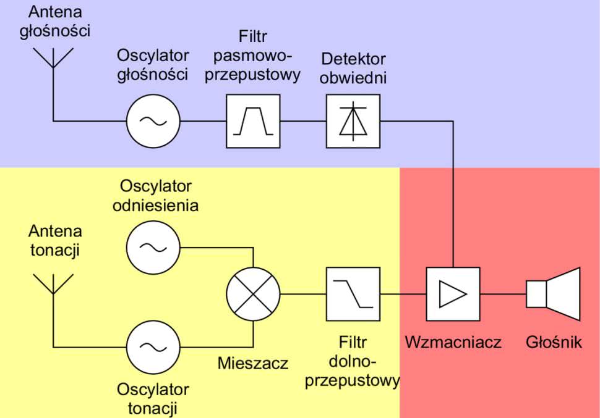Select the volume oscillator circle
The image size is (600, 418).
pyautogui.click(x=153, y=121)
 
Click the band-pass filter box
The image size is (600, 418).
pyautogui.click(x=253, y=121)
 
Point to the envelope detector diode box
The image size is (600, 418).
pyautogui.click(x=353, y=121)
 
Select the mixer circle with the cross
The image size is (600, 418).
pyautogui.click(x=253, y=294)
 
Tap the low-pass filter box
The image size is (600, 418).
pyautogui.click(x=353, y=294)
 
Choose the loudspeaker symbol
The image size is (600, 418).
pyautogui.click(x=554, y=294)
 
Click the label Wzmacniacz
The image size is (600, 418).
pyautogui.click(x=453, y=343)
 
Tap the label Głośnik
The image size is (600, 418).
pyautogui.click(x=554, y=343)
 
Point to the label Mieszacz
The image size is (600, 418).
pyautogui.click(x=253, y=363)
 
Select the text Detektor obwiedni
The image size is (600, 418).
pyautogui.click(x=353, y=69)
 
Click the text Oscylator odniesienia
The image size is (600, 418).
pyautogui.click(x=156, y=196)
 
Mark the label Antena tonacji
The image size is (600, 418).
pyautogui.click(x=55, y=241)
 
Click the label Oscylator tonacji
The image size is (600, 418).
pyautogui.click(x=153, y=399)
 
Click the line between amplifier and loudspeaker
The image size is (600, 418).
pyautogui.click(x=503, y=294)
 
